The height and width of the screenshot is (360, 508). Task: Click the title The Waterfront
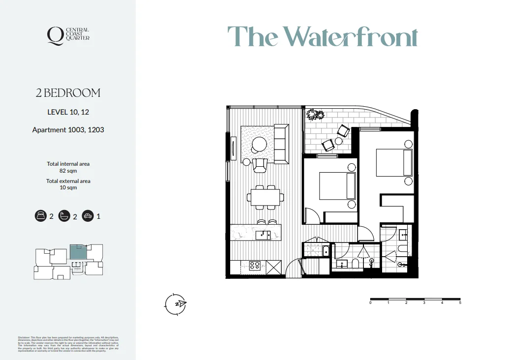coord(322,36)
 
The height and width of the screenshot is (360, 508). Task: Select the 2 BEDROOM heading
coord(68,93)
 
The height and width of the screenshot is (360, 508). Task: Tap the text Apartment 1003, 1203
coord(68,130)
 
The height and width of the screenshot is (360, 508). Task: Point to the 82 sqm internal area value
coord(68,171)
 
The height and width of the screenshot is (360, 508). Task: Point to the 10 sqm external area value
coord(68,187)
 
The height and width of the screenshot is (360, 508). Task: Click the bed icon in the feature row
coord(40,216)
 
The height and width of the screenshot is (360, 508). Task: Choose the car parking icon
coord(88,216)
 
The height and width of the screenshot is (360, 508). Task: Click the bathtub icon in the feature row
coord(64,216)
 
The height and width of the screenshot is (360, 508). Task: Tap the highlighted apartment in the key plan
coord(77,252)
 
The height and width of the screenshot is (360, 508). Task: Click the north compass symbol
coord(176,304)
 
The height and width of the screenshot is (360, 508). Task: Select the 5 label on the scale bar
coord(460,303)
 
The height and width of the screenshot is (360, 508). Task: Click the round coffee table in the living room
coord(259,144)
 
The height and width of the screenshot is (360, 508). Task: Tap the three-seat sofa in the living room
coord(281,144)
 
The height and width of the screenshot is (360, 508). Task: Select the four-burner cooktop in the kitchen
coord(255,266)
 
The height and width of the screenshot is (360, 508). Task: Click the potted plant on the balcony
coord(315,115)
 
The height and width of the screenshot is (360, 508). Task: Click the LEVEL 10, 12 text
coord(68,112)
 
